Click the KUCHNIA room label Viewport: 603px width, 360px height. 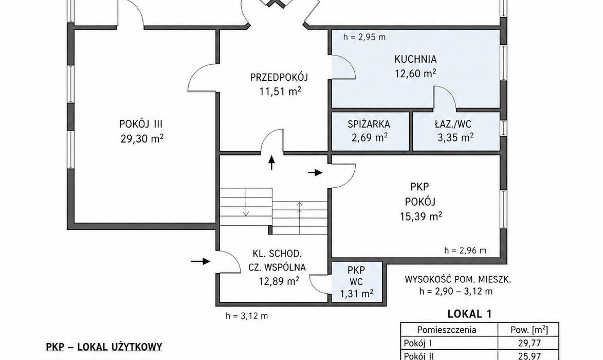(x=415, y=59)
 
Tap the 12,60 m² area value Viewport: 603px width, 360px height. (x=415, y=73)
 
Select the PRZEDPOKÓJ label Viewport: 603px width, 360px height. (x=279, y=77)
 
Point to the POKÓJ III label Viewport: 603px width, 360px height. (x=141, y=124)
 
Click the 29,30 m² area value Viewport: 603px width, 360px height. (x=142, y=138)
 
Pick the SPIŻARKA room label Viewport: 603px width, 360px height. (x=369, y=124)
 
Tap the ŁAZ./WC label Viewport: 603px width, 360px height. (x=453, y=124)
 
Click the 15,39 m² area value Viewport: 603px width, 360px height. (x=421, y=216)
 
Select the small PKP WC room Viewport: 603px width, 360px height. (x=356, y=281)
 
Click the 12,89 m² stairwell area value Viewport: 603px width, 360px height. (x=279, y=281)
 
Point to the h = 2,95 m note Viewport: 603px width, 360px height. (x=364, y=38)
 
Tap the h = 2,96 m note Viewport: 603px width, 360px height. (x=465, y=251)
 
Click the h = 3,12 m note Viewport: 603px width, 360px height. (x=247, y=316)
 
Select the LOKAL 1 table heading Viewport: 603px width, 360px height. (x=469, y=314)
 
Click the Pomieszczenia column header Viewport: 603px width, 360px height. (x=447, y=330)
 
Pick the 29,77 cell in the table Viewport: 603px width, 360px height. (x=529, y=343)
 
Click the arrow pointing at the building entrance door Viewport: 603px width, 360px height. (x=201, y=262)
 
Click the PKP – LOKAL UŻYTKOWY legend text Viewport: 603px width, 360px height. (x=104, y=347)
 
